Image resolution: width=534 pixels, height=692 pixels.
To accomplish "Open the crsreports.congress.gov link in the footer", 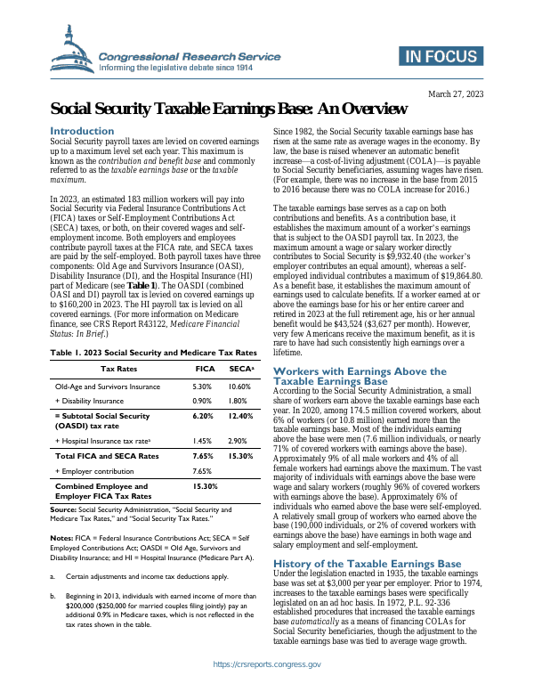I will (267, 665).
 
